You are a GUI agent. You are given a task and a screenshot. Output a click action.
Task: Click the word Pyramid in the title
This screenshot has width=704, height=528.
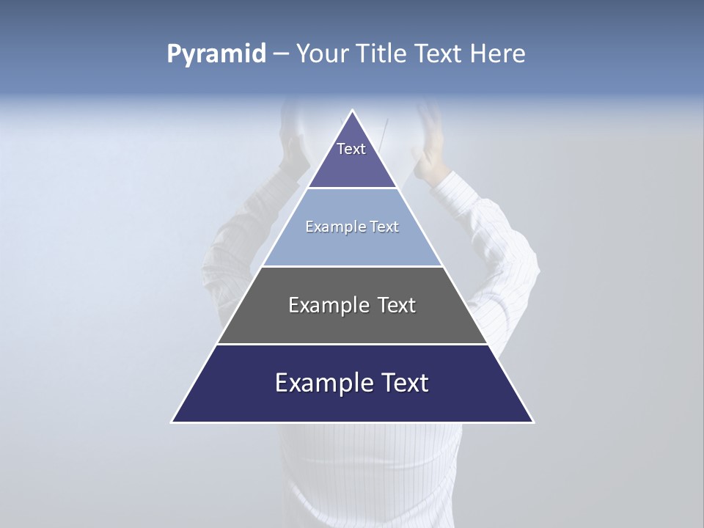click(216, 54)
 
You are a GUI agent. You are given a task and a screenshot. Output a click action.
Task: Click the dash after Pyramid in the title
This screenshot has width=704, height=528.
click(280, 54)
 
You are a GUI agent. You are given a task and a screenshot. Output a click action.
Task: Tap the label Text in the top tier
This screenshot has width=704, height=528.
click(351, 149)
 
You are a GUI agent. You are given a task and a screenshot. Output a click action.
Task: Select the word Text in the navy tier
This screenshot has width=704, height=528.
click(403, 383)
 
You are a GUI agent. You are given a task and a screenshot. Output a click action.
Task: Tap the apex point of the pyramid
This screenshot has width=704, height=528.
click(353, 111)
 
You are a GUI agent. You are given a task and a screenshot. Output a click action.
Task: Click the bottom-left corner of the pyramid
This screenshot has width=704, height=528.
click(172, 422)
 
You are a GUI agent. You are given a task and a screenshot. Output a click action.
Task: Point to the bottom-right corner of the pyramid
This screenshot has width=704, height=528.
click(533, 422)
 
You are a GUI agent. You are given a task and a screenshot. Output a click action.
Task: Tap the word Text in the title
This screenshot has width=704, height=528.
click(438, 54)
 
